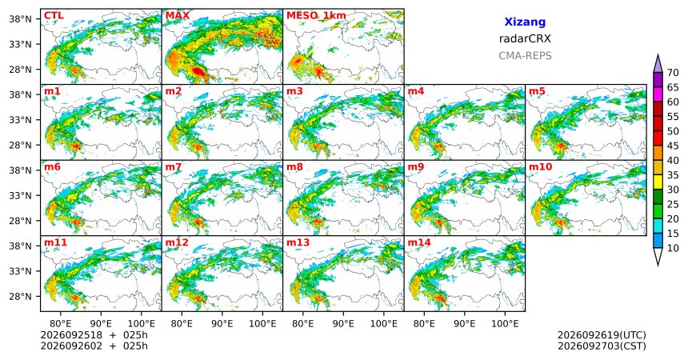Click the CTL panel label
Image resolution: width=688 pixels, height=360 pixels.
click(x=54, y=16)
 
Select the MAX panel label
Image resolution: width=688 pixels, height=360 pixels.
click(x=178, y=16)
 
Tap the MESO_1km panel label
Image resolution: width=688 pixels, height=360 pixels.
click(x=316, y=16)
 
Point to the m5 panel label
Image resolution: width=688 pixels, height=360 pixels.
click(x=537, y=91)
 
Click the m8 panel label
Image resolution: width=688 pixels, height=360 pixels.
click(x=294, y=167)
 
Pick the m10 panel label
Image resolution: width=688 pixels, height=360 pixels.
click(x=541, y=167)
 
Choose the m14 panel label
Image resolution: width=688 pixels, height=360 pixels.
click(x=419, y=242)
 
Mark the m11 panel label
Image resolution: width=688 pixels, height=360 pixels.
click(x=55, y=242)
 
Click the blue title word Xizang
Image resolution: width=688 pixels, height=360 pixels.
click(x=525, y=22)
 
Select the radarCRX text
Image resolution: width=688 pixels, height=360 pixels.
click(x=525, y=38)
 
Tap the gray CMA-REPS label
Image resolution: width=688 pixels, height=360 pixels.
click(x=525, y=56)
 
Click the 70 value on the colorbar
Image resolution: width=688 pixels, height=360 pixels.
click(x=673, y=73)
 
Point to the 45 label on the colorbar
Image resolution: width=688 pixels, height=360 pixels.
click(x=673, y=146)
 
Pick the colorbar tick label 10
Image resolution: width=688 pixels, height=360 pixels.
click(x=673, y=248)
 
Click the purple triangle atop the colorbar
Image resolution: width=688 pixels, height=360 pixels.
click(x=658, y=64)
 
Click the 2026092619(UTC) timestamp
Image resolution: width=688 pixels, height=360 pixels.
click(x=602, y=335)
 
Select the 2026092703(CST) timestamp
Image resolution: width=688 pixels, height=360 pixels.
click(x=602, y=346)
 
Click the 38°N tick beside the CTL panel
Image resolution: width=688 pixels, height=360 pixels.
click(x=20, y=19)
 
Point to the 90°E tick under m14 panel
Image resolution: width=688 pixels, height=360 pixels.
click(x=465, y=324)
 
